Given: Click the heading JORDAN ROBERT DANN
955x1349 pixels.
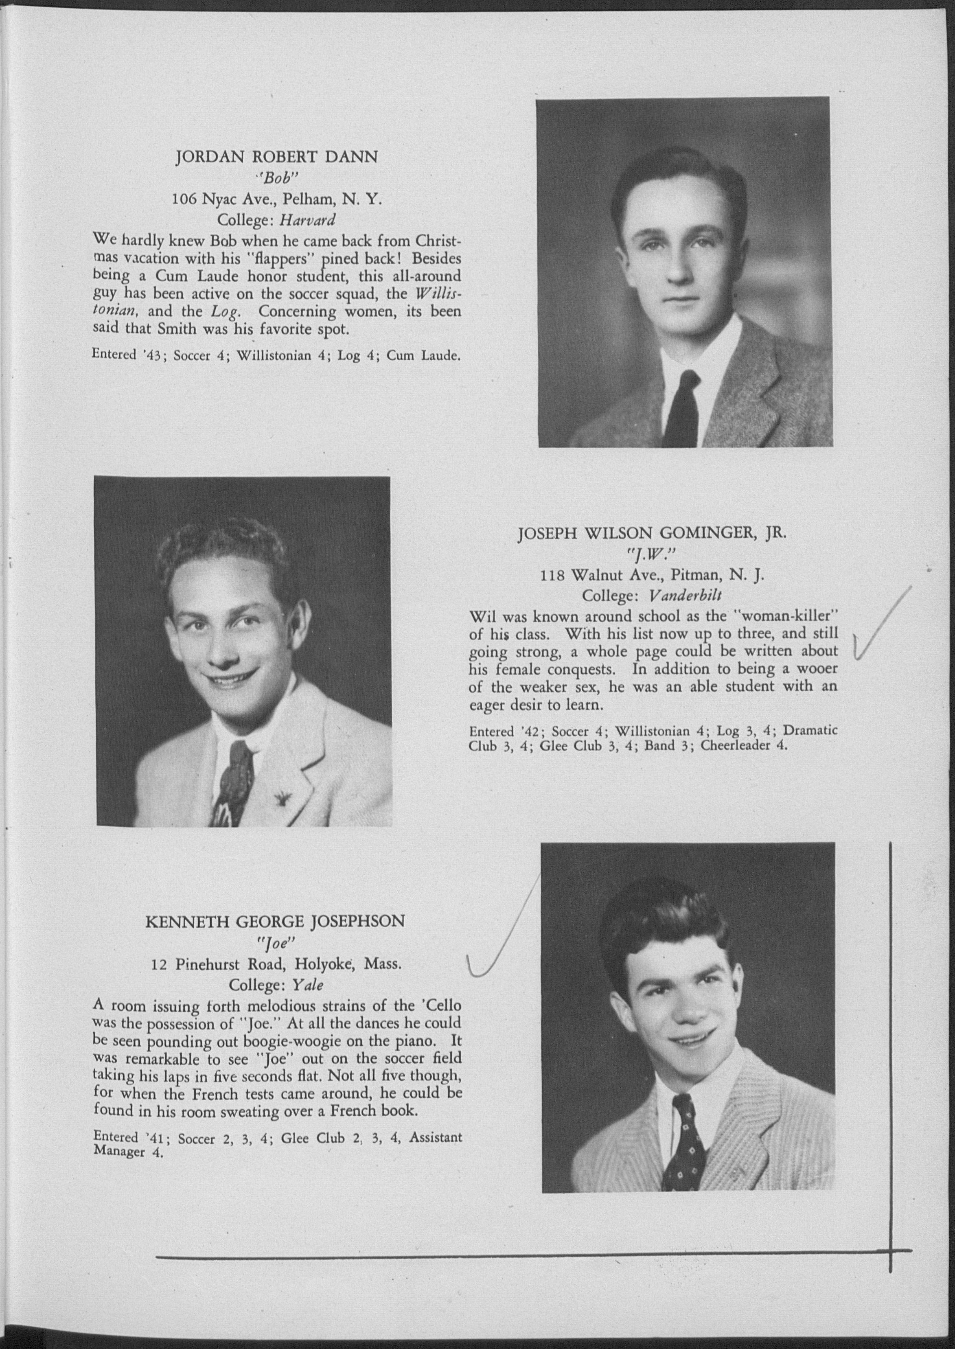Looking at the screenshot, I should (276, 157).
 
